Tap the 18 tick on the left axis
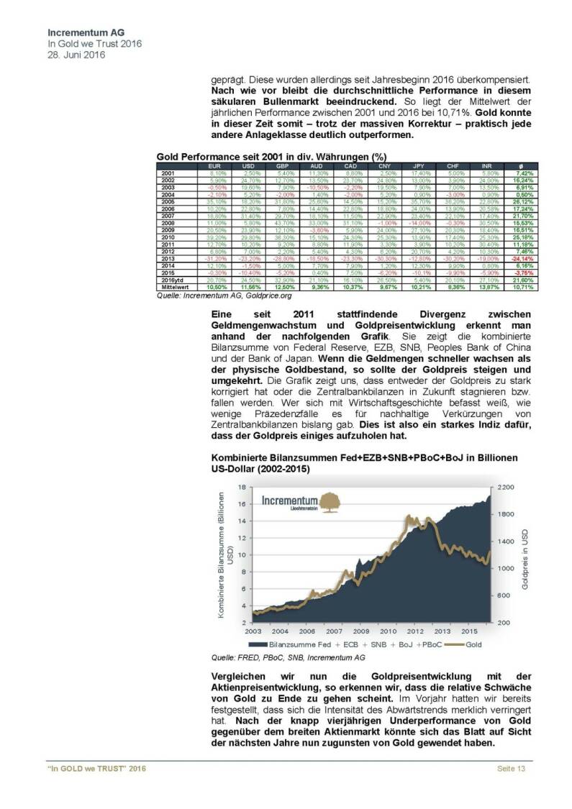[242, 488]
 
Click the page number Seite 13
[512, 770]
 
